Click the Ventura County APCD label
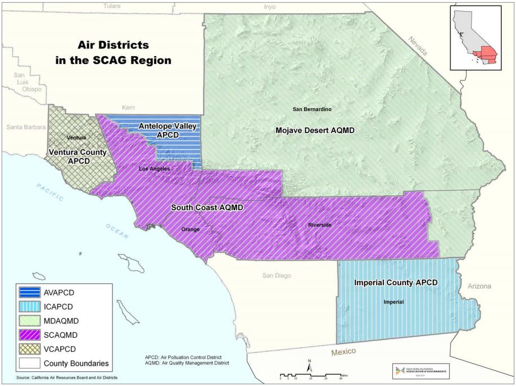(x=75, y=156)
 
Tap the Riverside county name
(x=321, y=225)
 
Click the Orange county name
(x=191, y=229)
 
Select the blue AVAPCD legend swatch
(x=34, y=292)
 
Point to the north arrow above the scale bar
(x=309, y=364)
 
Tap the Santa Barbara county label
(x=26, y=128)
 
